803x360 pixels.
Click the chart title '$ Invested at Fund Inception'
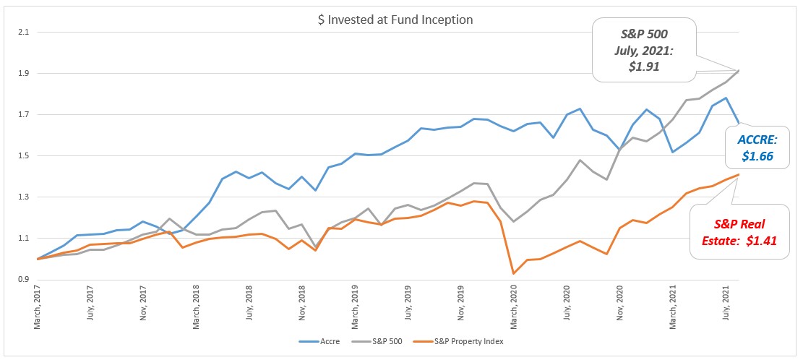tap(395, 20)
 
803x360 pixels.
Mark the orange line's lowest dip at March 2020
tap(514, 273)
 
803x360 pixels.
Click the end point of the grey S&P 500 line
tap(739, 70)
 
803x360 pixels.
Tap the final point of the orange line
tap(739, 174)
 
